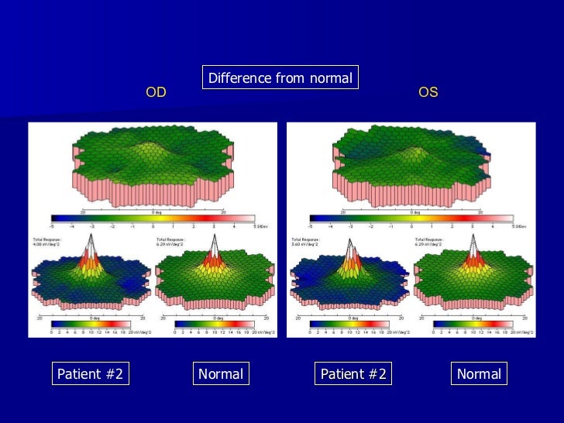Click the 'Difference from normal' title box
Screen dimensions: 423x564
point(280,78)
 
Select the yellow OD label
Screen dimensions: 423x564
point(156,93)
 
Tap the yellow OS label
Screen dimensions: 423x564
point(428,93)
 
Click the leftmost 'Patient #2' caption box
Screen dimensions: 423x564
point(90,374)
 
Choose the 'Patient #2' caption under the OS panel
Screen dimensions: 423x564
point(353,374)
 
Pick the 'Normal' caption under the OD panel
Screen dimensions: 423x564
point(221,374)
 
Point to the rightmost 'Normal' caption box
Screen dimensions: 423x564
point(479,374)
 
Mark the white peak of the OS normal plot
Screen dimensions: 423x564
point(473,249)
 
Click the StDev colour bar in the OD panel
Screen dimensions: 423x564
point(153,218)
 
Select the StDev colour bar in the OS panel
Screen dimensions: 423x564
point(411,218)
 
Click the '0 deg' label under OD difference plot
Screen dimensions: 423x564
point(153,210)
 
